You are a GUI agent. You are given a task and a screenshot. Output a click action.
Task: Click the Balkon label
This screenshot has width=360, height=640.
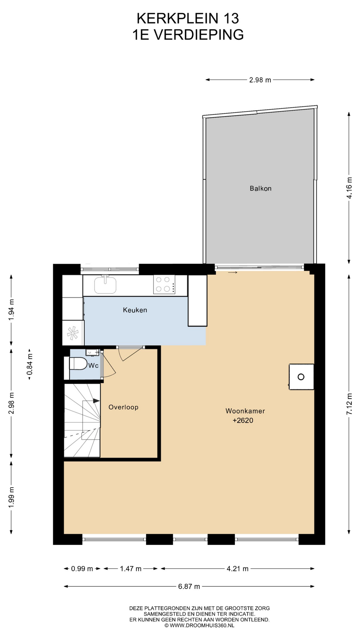tap(260, 188)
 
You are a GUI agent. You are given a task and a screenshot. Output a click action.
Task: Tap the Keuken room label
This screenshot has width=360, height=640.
tap(135, 310)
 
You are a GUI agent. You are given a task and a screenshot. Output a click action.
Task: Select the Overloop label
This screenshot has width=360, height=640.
tap(123, 407)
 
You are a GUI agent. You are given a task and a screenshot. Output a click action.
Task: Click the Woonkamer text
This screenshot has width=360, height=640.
tap(245, 411)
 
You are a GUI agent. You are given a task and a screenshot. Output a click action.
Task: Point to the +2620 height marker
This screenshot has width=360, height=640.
tap(243, 420)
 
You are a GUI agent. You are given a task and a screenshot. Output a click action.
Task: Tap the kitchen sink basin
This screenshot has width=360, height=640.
tap(105, 285)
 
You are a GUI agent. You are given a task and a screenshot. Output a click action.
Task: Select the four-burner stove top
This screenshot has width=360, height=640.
tap(164, 284)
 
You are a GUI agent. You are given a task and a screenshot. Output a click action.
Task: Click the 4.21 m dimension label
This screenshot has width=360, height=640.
tap(237, 569)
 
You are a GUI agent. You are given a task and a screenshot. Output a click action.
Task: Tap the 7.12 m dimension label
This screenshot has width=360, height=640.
tap(349, 404)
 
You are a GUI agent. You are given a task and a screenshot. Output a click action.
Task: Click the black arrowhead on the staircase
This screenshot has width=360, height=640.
tap(96, 401)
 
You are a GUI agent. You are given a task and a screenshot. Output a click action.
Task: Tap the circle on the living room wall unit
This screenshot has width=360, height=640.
tap(301, 377)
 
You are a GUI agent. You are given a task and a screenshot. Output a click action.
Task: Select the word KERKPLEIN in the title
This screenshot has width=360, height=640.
tap(173, 19)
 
